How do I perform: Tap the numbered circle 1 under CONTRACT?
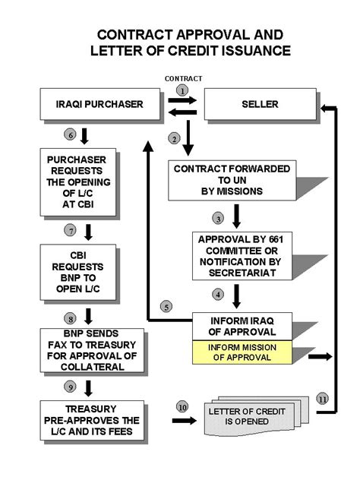pos(182,90)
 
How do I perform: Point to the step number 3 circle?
pos(218,218)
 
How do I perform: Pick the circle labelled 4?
pos(218,294)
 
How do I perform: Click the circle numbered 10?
pos(181,407)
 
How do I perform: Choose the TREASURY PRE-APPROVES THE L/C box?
pos(89,418)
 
